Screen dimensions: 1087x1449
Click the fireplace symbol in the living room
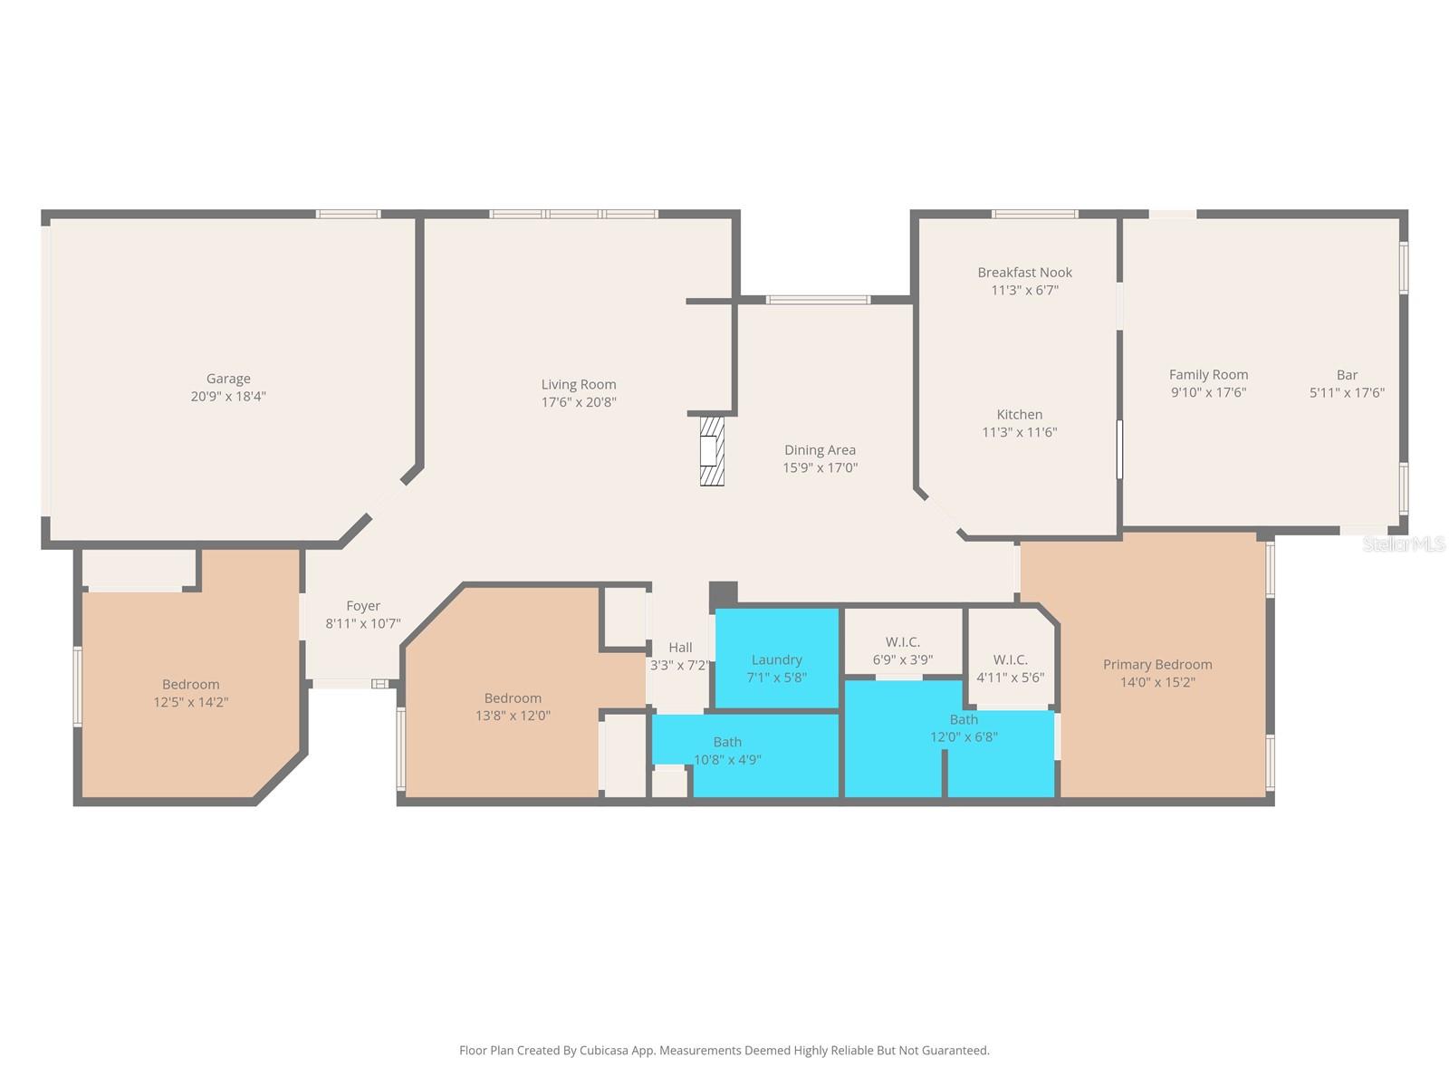coord(713,450)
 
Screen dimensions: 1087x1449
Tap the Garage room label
coord(228,379)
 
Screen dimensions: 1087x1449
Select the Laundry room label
coord(776,659)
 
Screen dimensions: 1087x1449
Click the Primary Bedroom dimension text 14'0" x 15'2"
coord(1157,682)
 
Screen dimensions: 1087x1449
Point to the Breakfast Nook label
coord(1024,272)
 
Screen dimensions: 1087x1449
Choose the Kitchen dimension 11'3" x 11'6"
coord(1020,432)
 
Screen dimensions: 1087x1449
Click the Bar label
coord(1347,374)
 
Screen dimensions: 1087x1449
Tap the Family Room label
coord(1208,374)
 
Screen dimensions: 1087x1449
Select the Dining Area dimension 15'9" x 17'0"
coord(820,467)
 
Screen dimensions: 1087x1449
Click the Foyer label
coord(363,606)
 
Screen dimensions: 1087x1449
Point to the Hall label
coord(680,647)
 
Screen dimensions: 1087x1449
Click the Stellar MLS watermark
coord(1404,543)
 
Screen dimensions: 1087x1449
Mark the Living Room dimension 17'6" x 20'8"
coord(579,402)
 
